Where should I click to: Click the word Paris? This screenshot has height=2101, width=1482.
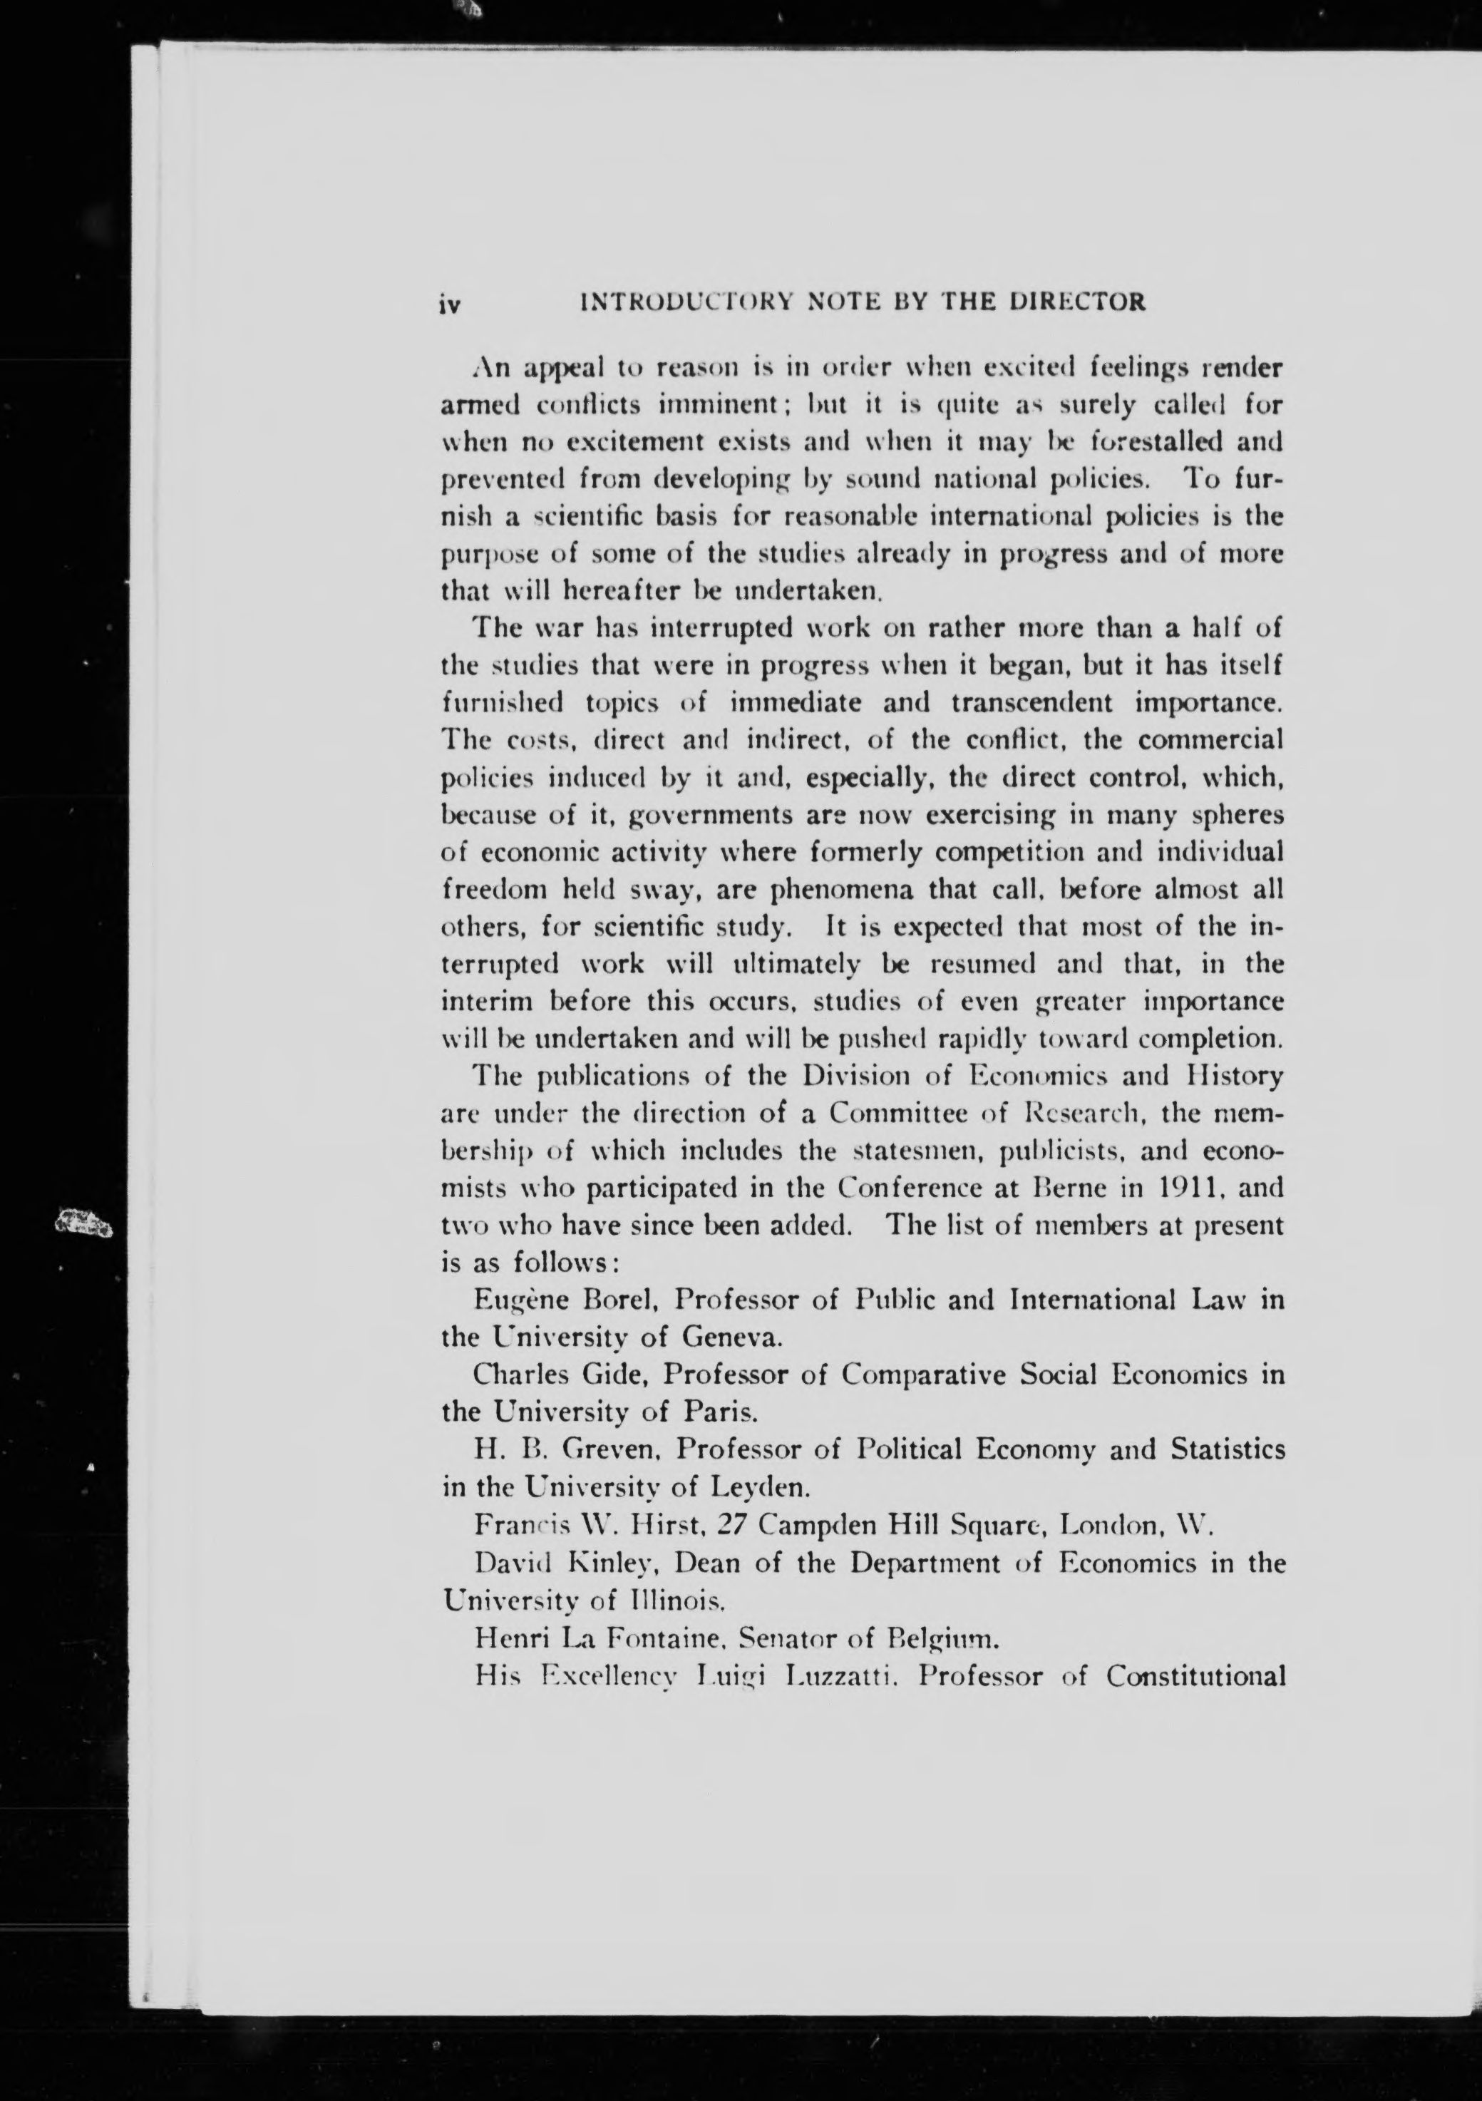click(722, 1412)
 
